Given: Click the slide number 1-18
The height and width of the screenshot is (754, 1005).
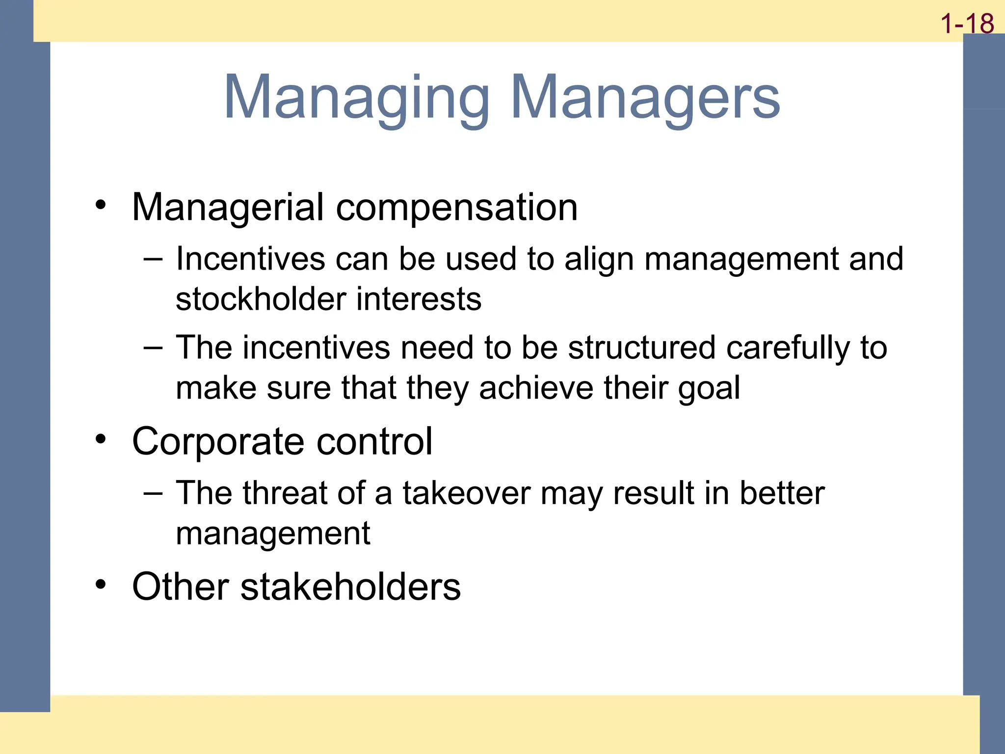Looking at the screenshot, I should pos(967,24).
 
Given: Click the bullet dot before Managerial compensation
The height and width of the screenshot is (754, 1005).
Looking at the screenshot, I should pos(101,205).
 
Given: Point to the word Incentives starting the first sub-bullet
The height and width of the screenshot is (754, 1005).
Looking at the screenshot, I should pos(250,259).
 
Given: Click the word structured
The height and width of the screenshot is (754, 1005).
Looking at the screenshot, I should pos(642,348).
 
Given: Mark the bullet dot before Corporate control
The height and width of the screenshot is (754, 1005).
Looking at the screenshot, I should pos(101,439).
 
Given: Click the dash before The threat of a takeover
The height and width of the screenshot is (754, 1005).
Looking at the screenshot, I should pos(153,493).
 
